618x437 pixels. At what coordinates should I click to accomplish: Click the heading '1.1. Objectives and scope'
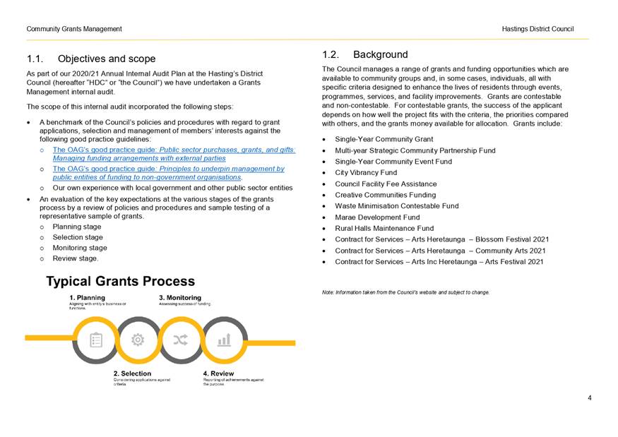pos(91,59)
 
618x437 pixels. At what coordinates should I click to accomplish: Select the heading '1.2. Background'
pos(365,54)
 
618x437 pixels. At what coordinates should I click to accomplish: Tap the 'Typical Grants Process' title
pos(120,282)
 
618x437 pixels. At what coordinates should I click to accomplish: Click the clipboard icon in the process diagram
pos(96,340)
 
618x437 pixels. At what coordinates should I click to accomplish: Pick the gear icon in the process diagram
pos(138,340)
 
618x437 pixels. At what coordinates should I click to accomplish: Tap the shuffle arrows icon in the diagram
pos(181,340)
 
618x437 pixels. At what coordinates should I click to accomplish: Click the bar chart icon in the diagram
pos(224,340)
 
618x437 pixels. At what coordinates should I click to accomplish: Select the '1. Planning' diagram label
pos(87,297)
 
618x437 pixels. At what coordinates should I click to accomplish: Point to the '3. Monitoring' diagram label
pos(179,297)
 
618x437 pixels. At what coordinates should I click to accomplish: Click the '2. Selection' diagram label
pos(132,373)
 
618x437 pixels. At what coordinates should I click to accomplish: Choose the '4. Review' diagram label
pos(218,373)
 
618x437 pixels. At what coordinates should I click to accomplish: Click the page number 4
pos(589,397)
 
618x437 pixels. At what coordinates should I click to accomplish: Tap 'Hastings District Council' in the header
pos(537,29)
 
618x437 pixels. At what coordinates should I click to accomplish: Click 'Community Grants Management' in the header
pos(74,29)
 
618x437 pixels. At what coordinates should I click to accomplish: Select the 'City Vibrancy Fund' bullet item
pos(365,172)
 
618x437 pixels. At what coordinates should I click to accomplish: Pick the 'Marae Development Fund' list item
pos(377,217)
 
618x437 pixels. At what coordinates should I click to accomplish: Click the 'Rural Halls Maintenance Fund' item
pos(384,228)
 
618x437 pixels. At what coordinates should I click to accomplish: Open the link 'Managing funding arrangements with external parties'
pos(139,158)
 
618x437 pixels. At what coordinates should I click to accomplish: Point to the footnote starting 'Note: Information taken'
pos(405,292)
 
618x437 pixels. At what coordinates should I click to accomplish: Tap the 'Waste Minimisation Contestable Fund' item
pos(396,206)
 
